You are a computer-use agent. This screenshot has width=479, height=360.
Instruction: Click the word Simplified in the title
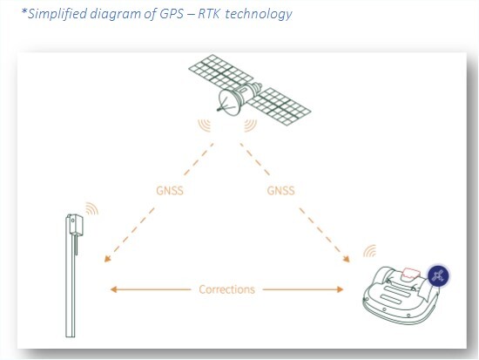tap(57, 14)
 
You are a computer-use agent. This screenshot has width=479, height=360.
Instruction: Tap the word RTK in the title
tap(209, 14)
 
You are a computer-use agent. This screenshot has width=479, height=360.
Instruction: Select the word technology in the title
tap(259, 14)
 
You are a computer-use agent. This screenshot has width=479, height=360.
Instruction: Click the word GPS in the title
tap(172, 14)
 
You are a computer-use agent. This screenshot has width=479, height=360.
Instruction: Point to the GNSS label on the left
tap(170, 191)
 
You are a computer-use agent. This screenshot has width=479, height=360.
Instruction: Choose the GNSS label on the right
tap(280, 191)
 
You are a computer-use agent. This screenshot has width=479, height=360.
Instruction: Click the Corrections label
tap(226, 289)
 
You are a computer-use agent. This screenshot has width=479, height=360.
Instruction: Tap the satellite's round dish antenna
tap(228, 103)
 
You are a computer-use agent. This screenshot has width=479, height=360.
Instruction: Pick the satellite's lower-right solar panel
tap(279, 106)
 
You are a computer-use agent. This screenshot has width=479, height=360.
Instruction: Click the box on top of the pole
tap(75, 224)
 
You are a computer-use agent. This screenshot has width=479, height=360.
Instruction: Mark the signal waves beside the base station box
tap(92, 208)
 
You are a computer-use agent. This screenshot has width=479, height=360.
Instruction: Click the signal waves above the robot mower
tap(370, 251)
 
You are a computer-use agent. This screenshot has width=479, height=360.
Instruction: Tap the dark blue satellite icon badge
tap(438, 276)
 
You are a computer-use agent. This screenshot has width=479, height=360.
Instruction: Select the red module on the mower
tap(411, 274)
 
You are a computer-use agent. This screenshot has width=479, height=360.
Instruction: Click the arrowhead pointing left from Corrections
tap(113, 289)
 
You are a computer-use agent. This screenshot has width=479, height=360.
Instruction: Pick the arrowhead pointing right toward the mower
tap(340, 289)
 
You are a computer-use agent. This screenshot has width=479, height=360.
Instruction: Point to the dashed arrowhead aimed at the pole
tap(107, 259)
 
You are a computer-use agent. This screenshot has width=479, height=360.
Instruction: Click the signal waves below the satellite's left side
tap(205, 126)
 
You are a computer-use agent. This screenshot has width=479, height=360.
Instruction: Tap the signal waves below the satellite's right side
tap(251, 126)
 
